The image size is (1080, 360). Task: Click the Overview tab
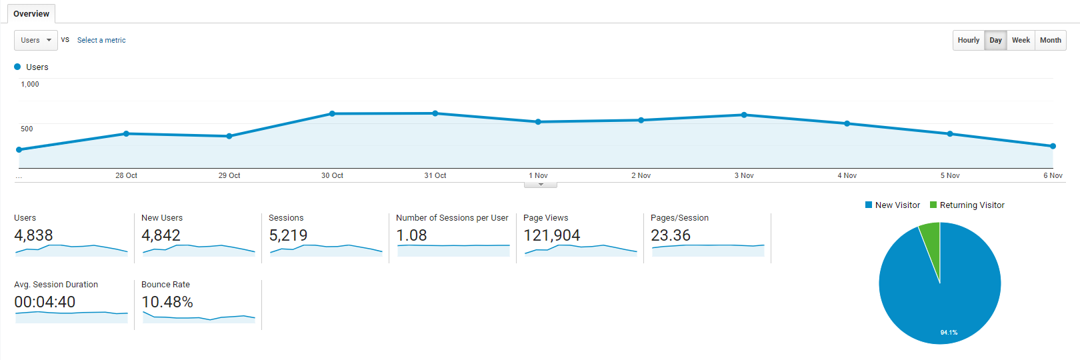pos(31,13)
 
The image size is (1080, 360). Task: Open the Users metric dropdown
pos(36,40)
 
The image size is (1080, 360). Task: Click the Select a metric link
pos(101,40)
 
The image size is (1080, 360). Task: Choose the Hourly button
pos(968,40)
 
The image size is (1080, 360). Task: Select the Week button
pos(1021,40)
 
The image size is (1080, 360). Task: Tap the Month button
pos(1051,40)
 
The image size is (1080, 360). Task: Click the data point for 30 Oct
pos(332,114)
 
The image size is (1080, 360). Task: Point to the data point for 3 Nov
pos(744,115)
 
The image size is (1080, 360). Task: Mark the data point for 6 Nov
pos(1053,146)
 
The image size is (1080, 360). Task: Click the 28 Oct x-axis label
pos(126,175)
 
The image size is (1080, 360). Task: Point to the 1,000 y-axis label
pos(30,84)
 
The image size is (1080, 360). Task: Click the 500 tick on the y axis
pos(27,129)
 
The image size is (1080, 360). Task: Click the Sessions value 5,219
pos(288,235)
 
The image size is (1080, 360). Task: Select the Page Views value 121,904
pos(551,235)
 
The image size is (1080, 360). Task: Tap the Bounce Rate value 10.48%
pos(167,302)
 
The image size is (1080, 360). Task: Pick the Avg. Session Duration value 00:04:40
pos(45,302)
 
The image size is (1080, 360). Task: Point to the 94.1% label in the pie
pos(949,333)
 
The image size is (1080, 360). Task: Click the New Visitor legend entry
pos(893,205)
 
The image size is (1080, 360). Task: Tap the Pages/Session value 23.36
pos(670,235)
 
